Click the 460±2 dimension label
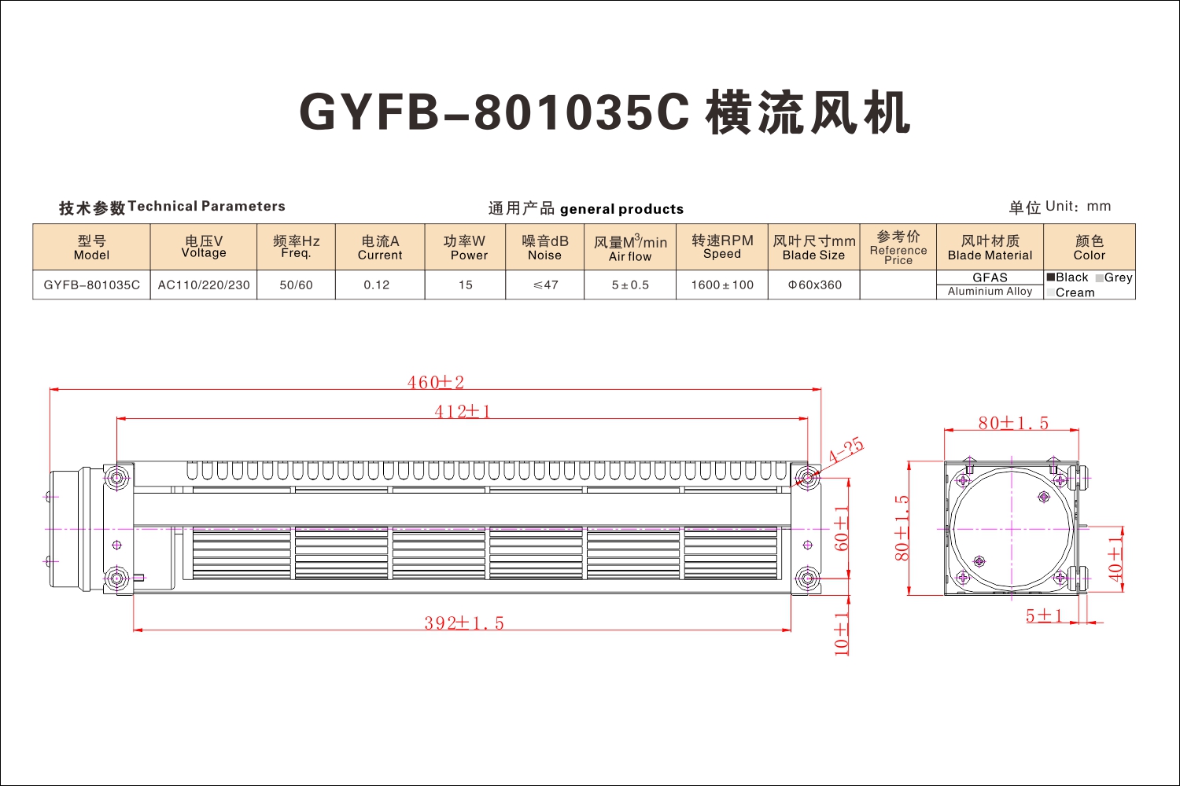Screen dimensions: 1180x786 [x=435, y=382]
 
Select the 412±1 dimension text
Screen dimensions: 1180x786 [x=462, y=411]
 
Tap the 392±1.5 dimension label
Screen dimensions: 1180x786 [x=464, y=623]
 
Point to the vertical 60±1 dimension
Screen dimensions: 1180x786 [x=842, y=528]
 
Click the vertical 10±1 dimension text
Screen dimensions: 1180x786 [x=842, y=634]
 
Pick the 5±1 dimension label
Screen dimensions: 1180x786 [x=1044, y=615]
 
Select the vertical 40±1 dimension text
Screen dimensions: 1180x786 [x=1115, y=559]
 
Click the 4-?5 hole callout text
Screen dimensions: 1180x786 [x=846, y=450]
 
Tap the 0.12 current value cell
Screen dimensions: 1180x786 [x=376, y=285]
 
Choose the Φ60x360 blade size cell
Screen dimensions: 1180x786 [x=814, y=285]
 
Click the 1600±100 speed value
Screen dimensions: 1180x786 [x=722, y=285]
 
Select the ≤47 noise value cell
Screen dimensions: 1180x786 [x=545, y=285]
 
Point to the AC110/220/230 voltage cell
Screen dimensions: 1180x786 [x=204, y=285]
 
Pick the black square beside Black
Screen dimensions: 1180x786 [x=1051, y=277]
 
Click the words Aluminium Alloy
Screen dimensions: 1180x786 [x=990, y=291]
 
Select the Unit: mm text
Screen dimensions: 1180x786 [x=1078, y=207]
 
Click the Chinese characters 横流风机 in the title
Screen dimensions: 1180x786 [x=808, y=112]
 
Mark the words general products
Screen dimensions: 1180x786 [x=621, y=210]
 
